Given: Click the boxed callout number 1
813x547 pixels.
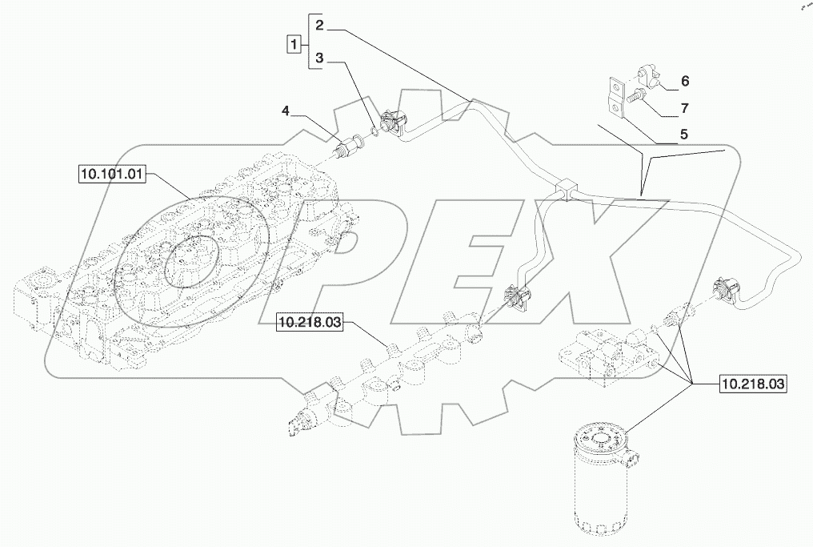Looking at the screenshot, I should [294, 43].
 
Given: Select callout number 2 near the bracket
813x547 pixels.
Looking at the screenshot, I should [318, 26].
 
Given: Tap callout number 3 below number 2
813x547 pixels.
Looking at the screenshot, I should [318, 58].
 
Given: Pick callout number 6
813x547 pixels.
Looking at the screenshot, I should [685, 81].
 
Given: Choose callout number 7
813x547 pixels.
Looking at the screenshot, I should [685, 107].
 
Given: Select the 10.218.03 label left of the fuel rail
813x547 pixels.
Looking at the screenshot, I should [310, 323].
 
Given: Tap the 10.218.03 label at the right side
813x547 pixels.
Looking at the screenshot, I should [752, 384].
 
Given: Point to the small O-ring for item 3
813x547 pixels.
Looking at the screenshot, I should [374, 128].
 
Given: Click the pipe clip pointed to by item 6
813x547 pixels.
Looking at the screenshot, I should [650, 79].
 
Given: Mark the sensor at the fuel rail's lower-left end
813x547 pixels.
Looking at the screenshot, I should [302, 422].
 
